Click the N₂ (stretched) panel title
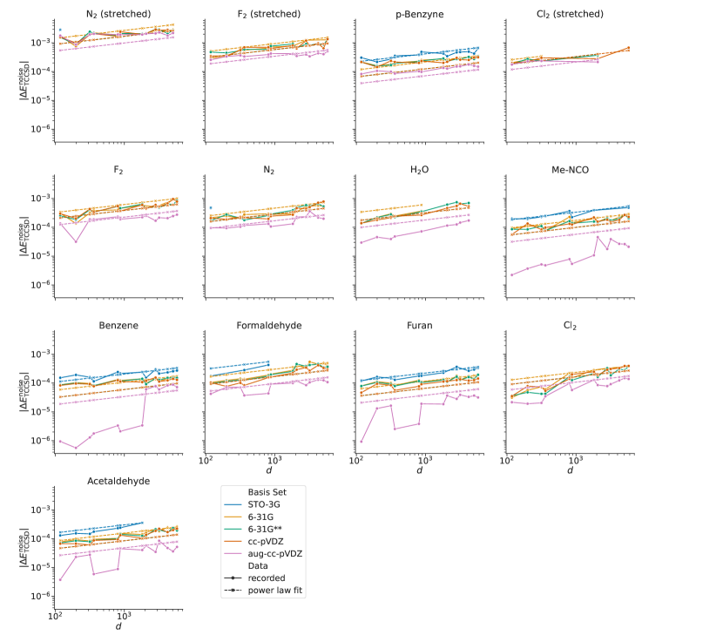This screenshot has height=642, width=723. [x=116, y=14]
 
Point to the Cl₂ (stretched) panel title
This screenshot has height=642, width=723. [x=571, y=14]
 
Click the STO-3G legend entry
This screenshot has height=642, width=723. [x=267, y=503]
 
